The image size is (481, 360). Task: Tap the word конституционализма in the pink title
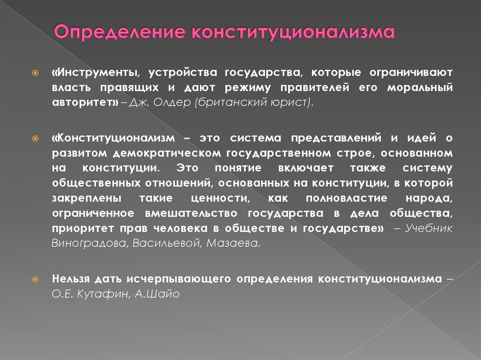[293, 34]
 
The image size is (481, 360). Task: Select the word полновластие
[348, 199]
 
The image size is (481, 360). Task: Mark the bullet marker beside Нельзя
[35, 279]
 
